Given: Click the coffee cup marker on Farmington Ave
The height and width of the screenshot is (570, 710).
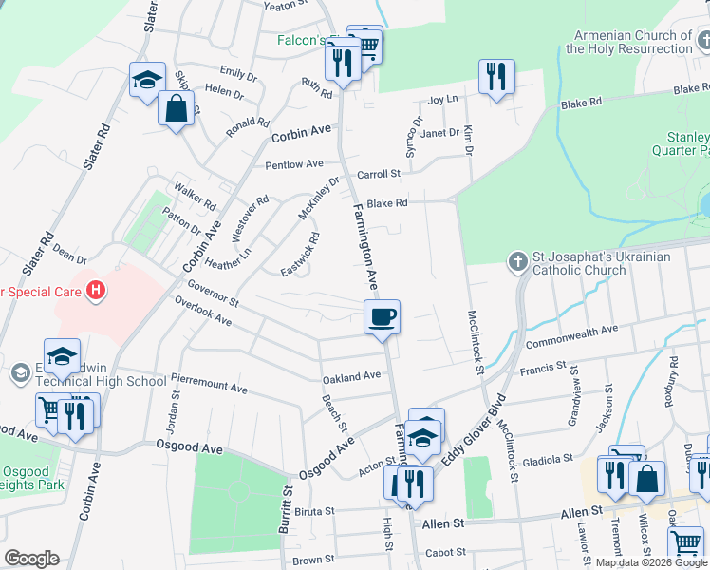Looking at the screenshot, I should [382, 316].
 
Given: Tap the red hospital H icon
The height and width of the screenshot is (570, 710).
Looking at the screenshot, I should [95, 290].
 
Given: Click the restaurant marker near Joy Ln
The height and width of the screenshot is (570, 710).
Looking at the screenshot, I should [494, 76].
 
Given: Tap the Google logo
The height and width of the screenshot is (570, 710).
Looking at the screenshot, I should [31, 559].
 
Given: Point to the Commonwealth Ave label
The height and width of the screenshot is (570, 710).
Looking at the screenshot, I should [571, 334].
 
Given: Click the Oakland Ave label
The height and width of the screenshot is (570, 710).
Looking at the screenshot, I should [351, 377].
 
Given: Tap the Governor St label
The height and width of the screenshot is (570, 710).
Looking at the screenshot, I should [212, 293].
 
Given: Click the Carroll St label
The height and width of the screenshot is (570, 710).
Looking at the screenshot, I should [379, 174].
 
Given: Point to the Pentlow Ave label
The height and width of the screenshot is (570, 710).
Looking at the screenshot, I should [294, 164].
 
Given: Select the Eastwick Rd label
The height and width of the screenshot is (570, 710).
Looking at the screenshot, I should [301, 255].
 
